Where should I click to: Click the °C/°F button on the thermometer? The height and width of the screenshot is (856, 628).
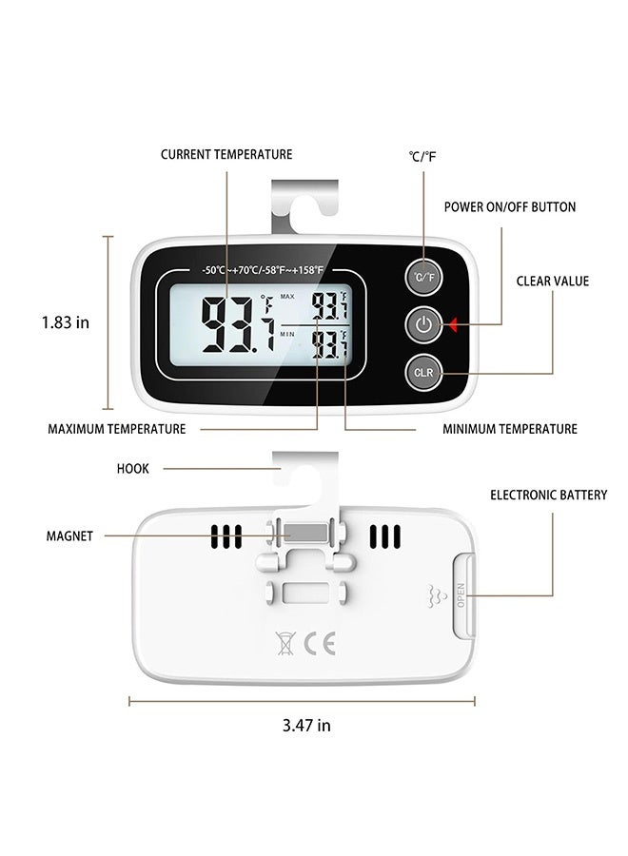pyautogui.click(x=424, y=277)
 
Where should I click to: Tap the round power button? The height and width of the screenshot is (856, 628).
pyautogui.click(x=424, y=325)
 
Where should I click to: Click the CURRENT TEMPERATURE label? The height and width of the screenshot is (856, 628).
pyautogui.click(x=226, y=154)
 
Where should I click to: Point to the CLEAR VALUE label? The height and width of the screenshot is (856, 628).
pyautogui.click(x=553, y=282)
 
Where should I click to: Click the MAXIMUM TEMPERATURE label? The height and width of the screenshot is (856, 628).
pyautogui.click(x=117, y=429)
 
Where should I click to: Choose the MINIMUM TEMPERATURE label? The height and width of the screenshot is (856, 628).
pyautogui.click(x=510, y=429)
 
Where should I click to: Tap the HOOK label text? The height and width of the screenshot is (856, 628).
pyautogui.click(x=132, y=469)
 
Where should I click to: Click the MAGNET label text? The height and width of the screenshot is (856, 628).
pyautogui.click(x=69, y=536)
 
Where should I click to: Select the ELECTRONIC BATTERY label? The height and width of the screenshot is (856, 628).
pyautogui.click(x=548, y=496)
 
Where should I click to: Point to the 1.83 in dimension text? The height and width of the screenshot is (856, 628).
pyautogui.click(x=65, y=322)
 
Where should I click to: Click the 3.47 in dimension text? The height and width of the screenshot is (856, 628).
pyautogui.click(x=306, y=725)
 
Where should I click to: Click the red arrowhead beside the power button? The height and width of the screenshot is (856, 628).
pyautogui.click(x=455, y=326)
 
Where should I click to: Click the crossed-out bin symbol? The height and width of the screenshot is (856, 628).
pyautogui.click(x=285, y=642)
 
